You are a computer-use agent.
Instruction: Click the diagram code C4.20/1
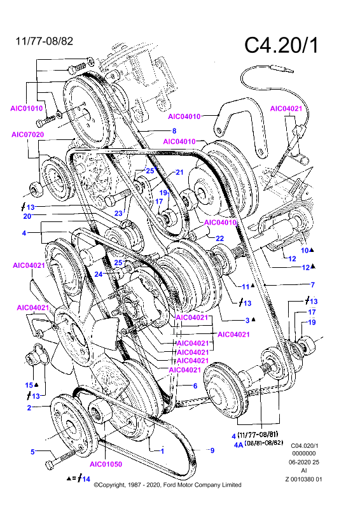281,45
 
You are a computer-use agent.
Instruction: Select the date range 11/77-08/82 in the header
45,41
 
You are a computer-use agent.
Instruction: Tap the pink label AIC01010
27,108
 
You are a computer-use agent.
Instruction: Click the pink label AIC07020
27,134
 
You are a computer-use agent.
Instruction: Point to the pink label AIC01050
106,464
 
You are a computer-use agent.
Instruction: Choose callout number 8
174,131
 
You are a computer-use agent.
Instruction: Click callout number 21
179,172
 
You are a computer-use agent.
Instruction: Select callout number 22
220,238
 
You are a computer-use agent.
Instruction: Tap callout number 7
312,284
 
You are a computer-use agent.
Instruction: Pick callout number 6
195,386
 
